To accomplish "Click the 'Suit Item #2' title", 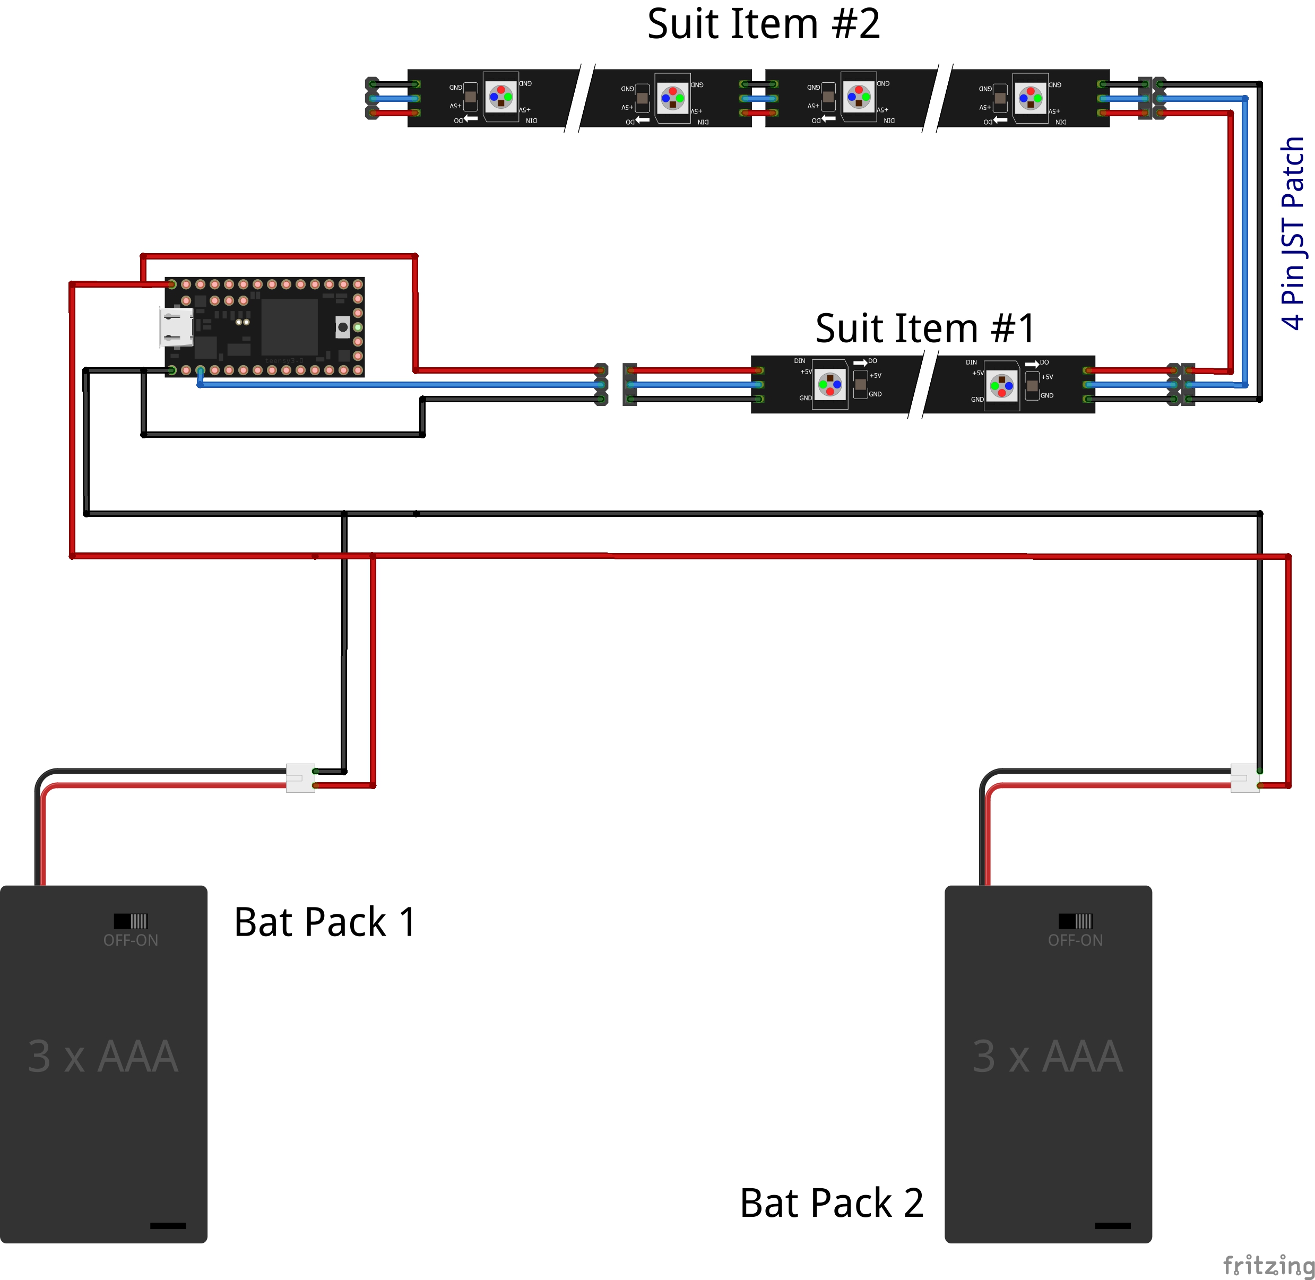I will tap(763, 24).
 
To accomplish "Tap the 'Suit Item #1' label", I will tap(924, 328).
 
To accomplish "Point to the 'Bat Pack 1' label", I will tap(325, 922).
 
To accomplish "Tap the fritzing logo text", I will tap(1268, 1265).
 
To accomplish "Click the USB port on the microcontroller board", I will tap(176, 327).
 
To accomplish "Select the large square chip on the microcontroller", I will tap(289, 327).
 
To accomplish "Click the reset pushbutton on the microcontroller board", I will tap(343, 327).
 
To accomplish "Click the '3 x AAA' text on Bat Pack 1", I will tap(103, 1057).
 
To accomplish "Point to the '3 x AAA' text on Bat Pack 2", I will tap(1048, 1057).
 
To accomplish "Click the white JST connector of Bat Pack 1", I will tap(300, 778).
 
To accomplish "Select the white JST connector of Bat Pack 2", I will tap(1244, 778).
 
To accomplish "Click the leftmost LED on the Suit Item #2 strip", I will tap(501, 97).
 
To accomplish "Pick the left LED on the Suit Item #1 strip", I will tap(830, 385).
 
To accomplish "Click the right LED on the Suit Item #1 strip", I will tap(1002, 386).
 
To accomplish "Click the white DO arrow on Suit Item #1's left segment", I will tap(860, 363).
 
